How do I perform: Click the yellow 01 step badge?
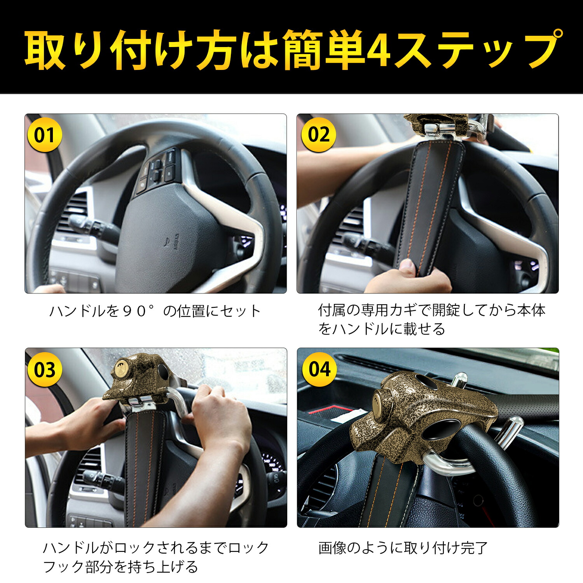coord(44,135)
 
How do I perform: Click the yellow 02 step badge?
coord(318,135)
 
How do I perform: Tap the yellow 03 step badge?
coord(44,370)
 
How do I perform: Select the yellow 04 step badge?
coord(319,369)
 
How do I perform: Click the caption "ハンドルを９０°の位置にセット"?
coord(155,311)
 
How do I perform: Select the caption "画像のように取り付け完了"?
coord(403,548)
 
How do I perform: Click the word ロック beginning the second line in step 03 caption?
coord(248,548)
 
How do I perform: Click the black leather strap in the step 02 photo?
coord(431,202)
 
